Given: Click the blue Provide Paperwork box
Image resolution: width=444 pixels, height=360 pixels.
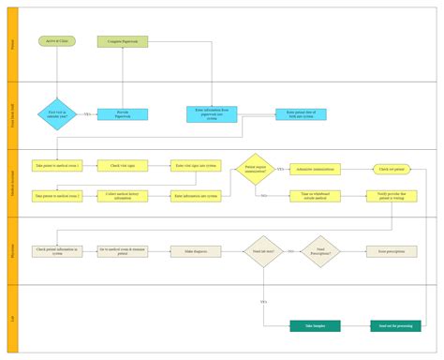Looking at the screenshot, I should pyautogui.click(x=123, y=114).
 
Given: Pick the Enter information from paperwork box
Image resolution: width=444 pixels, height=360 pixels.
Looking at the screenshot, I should pyautogui.click(x=213, y=113).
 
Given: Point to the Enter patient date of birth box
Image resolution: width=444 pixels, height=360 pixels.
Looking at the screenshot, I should pyautogui.click(x=302, y=114).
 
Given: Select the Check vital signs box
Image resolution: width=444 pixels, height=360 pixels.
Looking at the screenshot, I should pyautogui.click(x=123, y=165).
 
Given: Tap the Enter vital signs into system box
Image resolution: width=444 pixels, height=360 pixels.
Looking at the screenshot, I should pyautogui.click(x=196, y=165).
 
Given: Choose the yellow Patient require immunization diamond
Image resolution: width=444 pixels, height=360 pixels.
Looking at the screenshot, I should pyautogui.click(x=256, y=169).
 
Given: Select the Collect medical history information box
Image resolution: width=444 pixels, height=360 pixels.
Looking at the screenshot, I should pyautogui.click(x=123, y=195).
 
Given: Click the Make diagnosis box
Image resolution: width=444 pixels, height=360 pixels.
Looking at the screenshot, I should pyautogui.click(x=196, y=251).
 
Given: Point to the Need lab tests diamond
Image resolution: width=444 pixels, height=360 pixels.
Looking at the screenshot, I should pyautogui.click(x=263, y=251).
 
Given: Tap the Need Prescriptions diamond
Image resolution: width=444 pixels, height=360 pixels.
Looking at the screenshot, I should pyautogui.click(x=320, y=251).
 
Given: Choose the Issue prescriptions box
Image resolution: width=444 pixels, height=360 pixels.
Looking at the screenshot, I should pyautogui.click(x=392, y=251).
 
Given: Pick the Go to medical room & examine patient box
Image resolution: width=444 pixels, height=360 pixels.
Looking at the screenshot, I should pyautogui.click(x=123, y=251).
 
